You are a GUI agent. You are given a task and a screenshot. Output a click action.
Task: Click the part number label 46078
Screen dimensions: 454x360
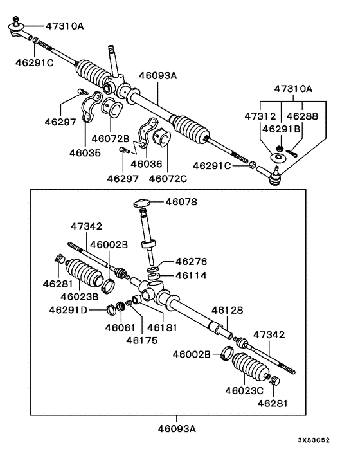181,202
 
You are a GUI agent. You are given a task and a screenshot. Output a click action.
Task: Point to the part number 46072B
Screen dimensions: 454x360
110,138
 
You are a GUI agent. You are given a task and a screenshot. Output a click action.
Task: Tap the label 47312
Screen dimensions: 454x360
260,116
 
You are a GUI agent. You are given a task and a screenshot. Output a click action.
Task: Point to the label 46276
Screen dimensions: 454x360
190,261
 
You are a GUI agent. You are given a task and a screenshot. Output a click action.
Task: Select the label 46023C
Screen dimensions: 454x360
245,389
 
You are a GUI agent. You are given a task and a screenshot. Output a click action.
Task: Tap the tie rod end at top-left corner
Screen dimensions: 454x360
17,28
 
